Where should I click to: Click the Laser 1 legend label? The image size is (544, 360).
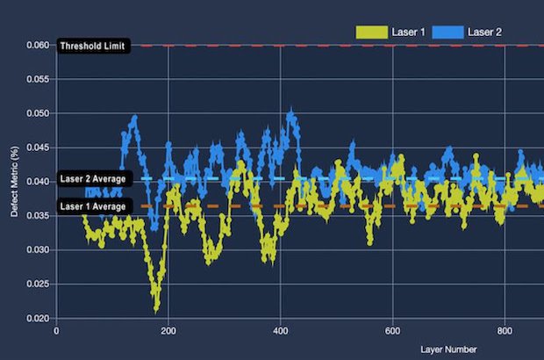click(x=411, y=32)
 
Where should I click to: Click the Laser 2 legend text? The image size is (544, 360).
click(x=484, y=32)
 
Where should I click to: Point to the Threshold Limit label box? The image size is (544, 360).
click(x=94, y=46)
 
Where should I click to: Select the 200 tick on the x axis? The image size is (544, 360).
click(x=168, y=332)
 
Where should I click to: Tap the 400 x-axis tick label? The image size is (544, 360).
click(x=280, y=332)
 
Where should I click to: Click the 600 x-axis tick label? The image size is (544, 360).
click(x=392, y=332)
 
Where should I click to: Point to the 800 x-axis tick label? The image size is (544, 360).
click(x=505, y=332)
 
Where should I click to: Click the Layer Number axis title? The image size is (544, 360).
click(x=449, y=349)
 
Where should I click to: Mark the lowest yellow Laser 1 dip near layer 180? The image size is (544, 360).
click(x=156, y=308)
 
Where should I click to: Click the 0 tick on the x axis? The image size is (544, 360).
click(x=56, y=332)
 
